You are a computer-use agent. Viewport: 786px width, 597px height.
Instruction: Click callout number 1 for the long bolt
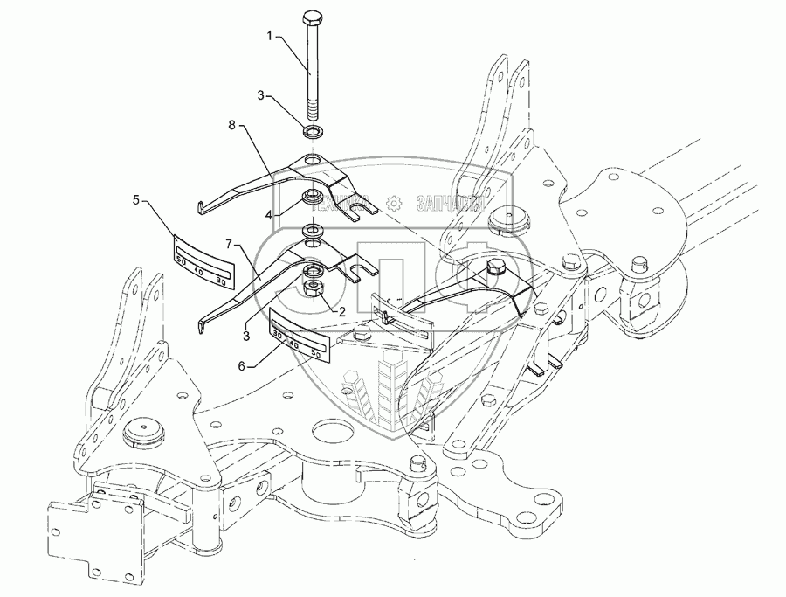coord(270,38)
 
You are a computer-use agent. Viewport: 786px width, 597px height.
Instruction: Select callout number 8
coord(232,127)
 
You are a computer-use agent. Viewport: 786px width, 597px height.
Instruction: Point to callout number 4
coord(271,214)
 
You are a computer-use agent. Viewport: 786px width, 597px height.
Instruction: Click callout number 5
coord(135,200)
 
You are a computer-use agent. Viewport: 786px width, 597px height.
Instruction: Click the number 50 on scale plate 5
coord(182,260)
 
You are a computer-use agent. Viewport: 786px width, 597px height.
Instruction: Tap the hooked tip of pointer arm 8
coord(200,206)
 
